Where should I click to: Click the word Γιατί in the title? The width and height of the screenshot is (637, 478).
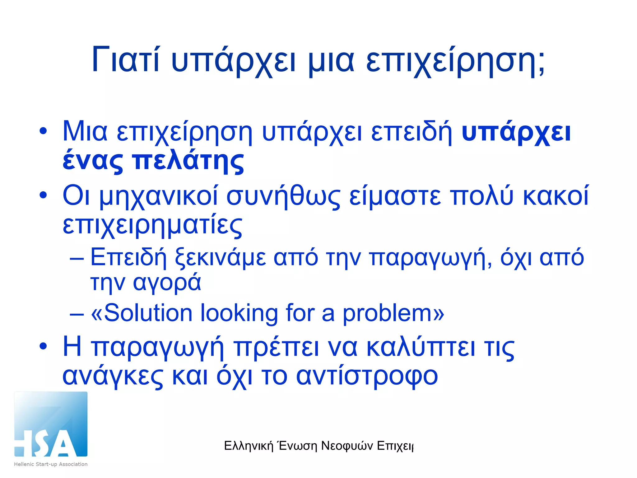[x=126, y=59]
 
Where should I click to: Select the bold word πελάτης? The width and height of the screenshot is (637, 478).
[x=188, y=162]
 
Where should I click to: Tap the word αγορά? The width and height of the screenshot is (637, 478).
[x=167, y=283]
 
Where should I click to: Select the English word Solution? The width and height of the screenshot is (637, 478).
[x=148, y=313]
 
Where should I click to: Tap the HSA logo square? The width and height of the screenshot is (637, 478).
[x=51, y=424]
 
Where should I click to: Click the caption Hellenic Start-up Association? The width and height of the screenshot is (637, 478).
[x=51, y=464]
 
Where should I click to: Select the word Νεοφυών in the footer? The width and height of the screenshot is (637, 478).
[x=347, y=446]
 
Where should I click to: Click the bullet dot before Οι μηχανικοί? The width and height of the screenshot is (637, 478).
[x=43, y=195]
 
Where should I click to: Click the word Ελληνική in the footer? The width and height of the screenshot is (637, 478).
[x=249, y=446]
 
